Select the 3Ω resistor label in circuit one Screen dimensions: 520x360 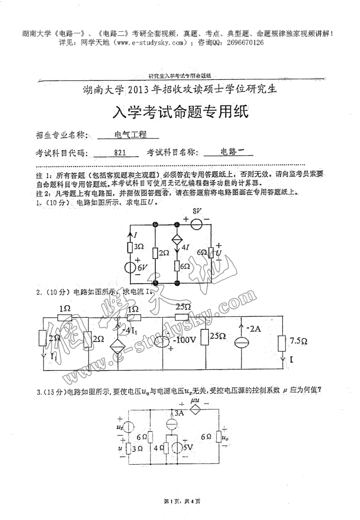pyautogui.click(x=139, y=247)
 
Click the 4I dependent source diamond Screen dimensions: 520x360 pyautogui.click(x=177, y=241)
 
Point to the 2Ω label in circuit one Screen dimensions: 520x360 pyautogui.click(x=164, y=253)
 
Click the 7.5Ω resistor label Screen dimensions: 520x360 pyautogui.click(x=299, y=341)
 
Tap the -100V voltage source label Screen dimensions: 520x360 pyautogui.click(x=185, y=340)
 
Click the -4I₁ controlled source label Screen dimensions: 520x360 pyautogui.click(x=129, y=330)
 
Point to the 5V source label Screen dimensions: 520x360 pyautogui.click(x=188, y=448)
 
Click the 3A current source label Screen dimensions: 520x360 pyautogui.click(x=179, y=413)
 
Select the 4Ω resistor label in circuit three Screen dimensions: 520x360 pyautogui.click(x=159, y=448)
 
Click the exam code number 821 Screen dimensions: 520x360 pyautogui.click(x=120, y=153)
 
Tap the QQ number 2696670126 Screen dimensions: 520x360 pyautogui.click(x=246, y=43)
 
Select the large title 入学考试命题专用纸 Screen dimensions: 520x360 pyautogui.click(x=181, y=112)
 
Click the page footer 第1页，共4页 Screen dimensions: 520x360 pyautogui.click(x=182, y=502)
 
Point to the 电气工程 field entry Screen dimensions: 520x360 pyautogui.click(x=130, y=134)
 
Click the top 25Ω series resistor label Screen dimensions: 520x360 pyautogui.click(x=183, y=306)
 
